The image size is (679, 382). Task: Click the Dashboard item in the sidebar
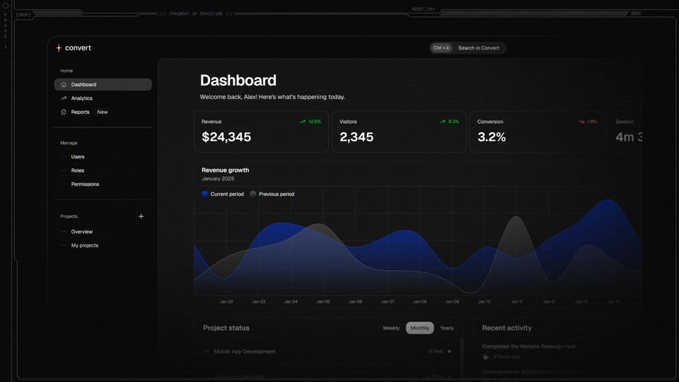point(83,85)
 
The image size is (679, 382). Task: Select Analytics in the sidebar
point(81,98)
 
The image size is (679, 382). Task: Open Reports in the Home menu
point(80,112)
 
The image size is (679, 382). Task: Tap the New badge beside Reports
point(103,112)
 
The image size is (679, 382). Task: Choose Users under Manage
point(78,157)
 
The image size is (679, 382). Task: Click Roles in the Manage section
point(78,170)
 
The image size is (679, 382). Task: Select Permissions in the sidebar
point(85,184)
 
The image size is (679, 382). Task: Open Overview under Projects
point(81,232)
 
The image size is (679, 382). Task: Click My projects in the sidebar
point(85,245)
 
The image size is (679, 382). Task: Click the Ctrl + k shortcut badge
point(442,48)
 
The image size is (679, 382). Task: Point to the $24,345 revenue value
point(226,137)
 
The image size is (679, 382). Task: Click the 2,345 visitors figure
point(356,137)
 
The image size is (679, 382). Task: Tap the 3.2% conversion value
point(492,137)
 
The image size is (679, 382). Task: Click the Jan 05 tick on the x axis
point(323,301)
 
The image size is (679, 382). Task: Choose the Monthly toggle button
point(419,328)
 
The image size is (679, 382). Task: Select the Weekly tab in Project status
point(391,328)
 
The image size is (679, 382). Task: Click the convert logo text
point(78,48)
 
